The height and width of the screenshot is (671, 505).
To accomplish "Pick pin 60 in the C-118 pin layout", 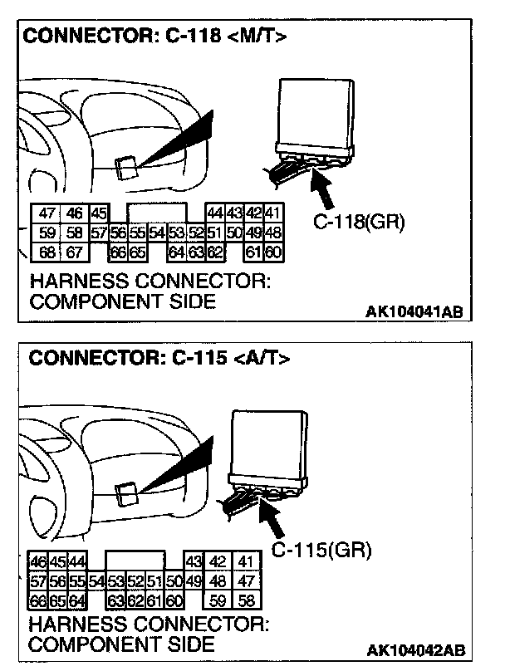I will [273, 252].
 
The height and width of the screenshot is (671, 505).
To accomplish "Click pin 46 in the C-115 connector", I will [38, 562].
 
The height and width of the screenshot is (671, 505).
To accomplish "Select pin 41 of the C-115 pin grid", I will [247, 562].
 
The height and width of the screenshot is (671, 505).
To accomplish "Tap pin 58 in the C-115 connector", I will [247, 600].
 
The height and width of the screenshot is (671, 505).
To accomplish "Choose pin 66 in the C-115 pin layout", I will [38, 600].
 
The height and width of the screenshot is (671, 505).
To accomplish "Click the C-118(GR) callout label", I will [359, 223].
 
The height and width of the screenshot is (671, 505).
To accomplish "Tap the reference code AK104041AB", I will [414, 311].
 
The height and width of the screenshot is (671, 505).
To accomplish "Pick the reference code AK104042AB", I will [414, 649].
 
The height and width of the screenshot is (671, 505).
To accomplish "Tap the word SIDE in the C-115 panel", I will [186, 644].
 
